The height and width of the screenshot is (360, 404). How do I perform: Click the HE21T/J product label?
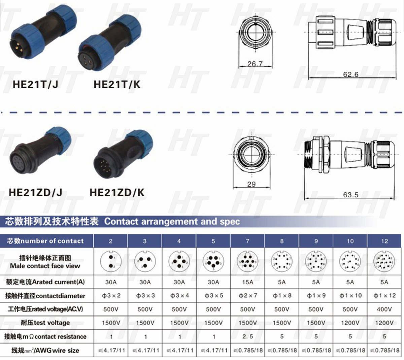[x=35, y=84]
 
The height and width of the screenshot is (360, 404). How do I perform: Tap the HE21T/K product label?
[x=116, y=84]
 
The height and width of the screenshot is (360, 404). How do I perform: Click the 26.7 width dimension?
[x=255, y=63]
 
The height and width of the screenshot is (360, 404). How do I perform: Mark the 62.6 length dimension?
[x=350, y=74]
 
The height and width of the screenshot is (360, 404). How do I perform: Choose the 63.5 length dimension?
[x=350, y=195]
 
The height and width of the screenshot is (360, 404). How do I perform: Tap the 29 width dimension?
[x=251, y=184]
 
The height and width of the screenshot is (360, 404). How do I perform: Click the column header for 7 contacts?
[x=247, y=241]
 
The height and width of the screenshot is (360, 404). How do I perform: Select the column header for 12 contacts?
[x=384, y=241]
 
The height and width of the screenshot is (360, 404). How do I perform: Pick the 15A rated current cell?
[x=247, y=282]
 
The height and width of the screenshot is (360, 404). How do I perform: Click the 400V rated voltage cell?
[x=384, y=309]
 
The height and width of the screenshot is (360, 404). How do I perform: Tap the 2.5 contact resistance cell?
[x=247, y=336]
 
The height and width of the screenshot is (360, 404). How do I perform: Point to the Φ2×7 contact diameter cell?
[x=247, y=295]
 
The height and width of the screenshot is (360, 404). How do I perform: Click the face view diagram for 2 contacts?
[x=110, y=261]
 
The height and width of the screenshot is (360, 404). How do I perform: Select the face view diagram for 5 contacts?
[x=213, y=261]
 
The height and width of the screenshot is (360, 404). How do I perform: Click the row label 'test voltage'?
[x=45, y=323]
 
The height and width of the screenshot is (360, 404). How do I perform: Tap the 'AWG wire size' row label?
[x=45, y=350]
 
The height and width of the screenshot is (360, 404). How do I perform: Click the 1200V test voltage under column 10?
[x=350, y=323]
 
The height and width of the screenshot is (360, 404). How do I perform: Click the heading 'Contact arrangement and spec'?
[x=172, y=221]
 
